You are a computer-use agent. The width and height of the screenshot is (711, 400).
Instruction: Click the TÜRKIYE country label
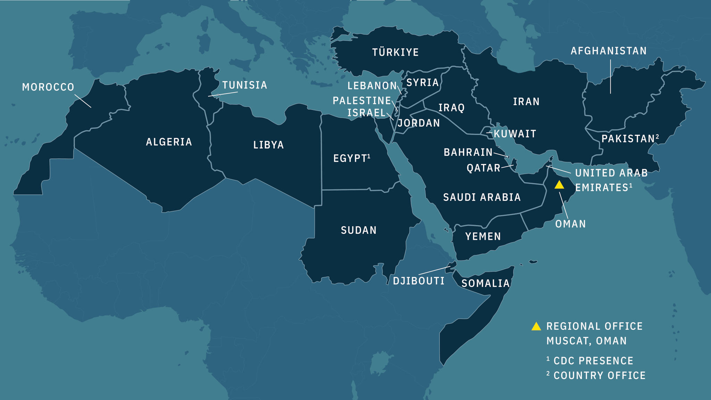pyautogui.click(x=395, y=52)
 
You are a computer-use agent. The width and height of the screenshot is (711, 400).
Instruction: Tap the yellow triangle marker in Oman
pyautogui.click(x=559, y=185)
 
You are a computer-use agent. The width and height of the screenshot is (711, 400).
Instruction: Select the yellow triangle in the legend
pyautogui.click(x=536, y=326)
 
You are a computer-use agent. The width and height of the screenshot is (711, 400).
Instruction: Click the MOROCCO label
pyautogui.click(x=48, y=87)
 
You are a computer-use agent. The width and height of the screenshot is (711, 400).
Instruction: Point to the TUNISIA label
pyautogui.click(x=245, y=85)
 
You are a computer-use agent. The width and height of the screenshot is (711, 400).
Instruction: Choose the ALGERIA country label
pyautogui.click(x=169, y=142)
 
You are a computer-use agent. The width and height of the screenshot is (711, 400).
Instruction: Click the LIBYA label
pyautogui.click(x=268, y=145)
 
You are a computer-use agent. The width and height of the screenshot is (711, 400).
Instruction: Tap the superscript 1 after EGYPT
pyautogui.click(x=369, y=156)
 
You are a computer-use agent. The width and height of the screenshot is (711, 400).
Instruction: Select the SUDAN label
pyautogui.click(x=359, y=230)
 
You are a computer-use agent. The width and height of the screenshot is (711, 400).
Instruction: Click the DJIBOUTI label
pyautogui.click(x=419, y=281)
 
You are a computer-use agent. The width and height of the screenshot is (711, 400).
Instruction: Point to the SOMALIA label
pyautogui.click(x=485, y=283)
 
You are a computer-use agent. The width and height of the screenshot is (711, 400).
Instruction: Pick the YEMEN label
pyautogui.click(x=483, y=236)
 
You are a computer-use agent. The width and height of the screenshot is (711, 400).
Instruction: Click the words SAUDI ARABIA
pyautogui.click(x=482, y=197)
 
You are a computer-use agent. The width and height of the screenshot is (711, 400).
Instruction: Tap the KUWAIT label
pyautogui.click(x=515, y=134)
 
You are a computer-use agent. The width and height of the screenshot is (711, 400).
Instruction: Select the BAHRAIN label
pyautogui.click(x=468, y=152)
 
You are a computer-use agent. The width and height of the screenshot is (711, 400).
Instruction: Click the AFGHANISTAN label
pyautogui.click(x=609, y=51)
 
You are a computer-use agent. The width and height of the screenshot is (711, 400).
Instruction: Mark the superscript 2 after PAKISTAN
pyautogui.click(x=657, y=136)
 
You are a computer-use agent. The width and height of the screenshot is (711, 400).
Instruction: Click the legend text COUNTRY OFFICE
pyautogui.click(x=600, y=375)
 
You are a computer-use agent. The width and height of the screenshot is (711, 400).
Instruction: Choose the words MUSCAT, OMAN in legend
pyautogui.click(x=587, y=341)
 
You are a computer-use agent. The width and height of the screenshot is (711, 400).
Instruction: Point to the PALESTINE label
pyautogui.click(x=362, y=101)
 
